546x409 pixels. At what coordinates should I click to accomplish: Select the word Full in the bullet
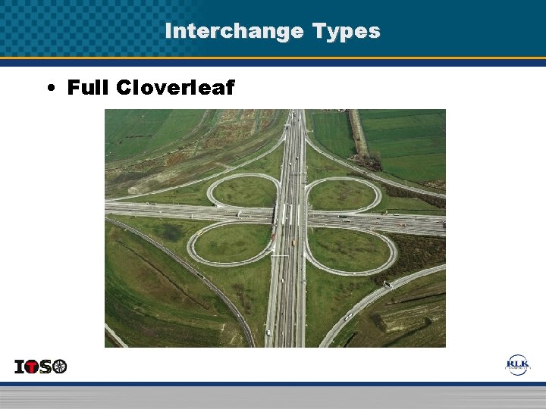(89, 88)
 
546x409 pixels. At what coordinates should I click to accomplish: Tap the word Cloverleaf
(176, 88)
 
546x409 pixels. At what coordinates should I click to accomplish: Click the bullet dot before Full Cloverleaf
(49, 89)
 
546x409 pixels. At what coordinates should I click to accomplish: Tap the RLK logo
(518, 365)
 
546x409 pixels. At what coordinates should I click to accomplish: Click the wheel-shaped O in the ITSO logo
(60, 367)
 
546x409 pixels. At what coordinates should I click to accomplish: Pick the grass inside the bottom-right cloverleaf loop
(349, 249)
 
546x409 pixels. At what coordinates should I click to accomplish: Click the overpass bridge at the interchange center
(290, 217)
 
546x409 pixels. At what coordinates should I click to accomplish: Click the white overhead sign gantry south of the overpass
(281, 256)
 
